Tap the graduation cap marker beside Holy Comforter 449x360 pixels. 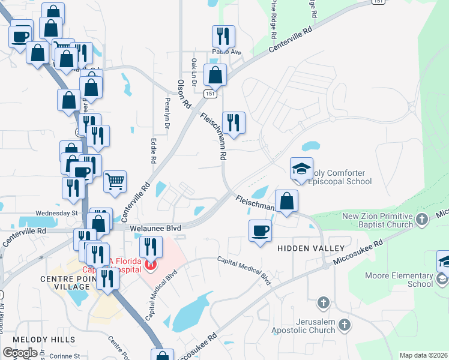point(301,169)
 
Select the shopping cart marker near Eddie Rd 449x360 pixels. point(115,181)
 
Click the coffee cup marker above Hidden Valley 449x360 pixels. point(260,231)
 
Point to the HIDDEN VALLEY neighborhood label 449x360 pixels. point(310,248)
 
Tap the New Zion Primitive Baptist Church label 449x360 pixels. point(378,220)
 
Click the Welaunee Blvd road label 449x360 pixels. point(156,228)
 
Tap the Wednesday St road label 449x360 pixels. point(57,213)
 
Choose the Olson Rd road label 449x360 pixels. point(184,94)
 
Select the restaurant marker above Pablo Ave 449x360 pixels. point(223,37)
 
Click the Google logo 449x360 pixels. point(20,353)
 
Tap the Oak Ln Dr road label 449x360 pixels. point(194,67)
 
